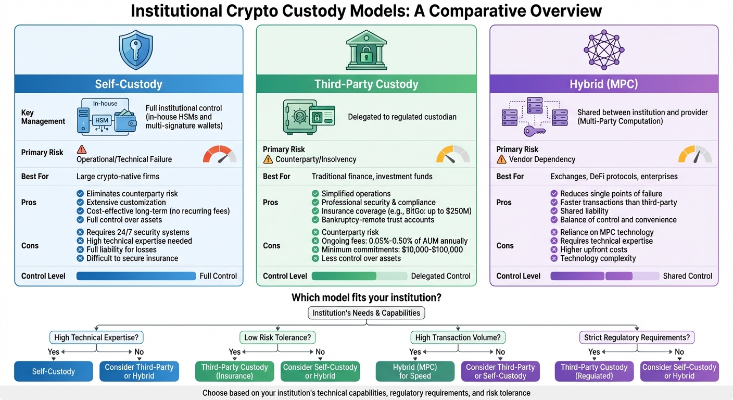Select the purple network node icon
click(604, 49)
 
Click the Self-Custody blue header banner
click(129, 84)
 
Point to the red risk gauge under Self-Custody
click(219, 155)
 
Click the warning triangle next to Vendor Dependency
click(501, 159)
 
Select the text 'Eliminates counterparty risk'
click(132, 194)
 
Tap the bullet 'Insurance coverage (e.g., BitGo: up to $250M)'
click(396, 211)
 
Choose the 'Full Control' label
click(218, 276)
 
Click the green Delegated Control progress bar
click(344, 276)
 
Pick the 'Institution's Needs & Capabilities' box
click(366, 313)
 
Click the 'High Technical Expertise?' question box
click(96, 337)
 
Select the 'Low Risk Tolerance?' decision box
click(277, 337)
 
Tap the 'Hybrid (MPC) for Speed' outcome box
click(414, 371)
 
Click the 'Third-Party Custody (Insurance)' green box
click(234, 371)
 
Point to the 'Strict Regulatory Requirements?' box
click(637, 337)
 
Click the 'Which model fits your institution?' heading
click(366, 298)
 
